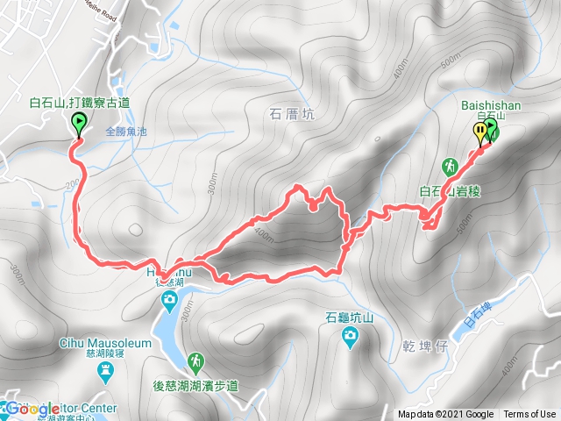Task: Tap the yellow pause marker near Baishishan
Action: (x=479, y=132)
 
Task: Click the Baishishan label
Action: (x=490, y=105)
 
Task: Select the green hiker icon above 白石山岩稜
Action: (x=449, y=166)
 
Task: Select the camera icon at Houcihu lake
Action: (x=169, y=303)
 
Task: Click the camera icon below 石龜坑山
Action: (x=350, y=335)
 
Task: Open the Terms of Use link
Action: (x=529, y=415)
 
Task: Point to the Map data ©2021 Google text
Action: (x=446, y=415)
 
